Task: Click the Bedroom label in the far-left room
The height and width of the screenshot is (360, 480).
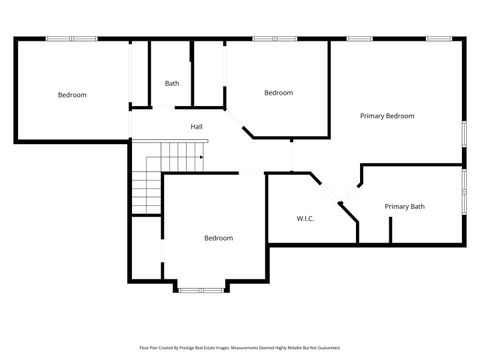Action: coord(72,95)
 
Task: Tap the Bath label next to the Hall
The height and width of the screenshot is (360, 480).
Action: coord(172,83)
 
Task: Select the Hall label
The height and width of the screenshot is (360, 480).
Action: coord(197,127)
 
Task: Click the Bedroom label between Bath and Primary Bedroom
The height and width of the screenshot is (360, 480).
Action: coord(278,93)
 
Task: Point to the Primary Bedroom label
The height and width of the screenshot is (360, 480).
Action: coord(387,116)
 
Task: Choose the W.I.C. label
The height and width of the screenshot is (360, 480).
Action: coord(305,218)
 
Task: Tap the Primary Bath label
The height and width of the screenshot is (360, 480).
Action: coord(404,207)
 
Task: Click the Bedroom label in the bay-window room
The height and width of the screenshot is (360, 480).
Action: coord(218,238)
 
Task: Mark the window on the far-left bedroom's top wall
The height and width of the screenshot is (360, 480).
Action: coord(72,39)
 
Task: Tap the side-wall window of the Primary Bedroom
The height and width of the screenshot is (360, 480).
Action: coord(463,134)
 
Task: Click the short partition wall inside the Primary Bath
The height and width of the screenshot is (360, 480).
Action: coord(390,229)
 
